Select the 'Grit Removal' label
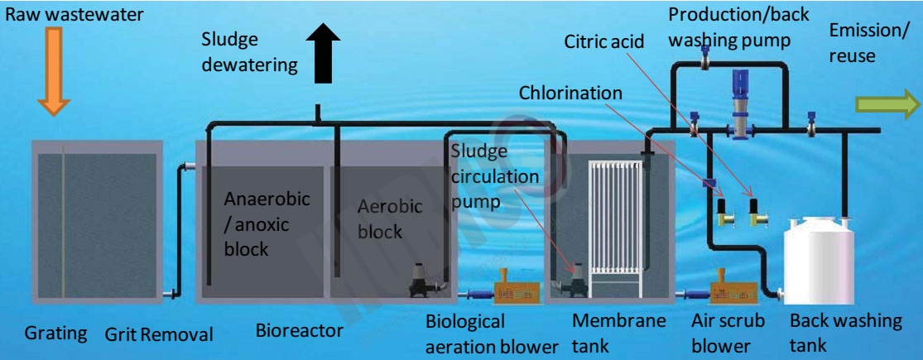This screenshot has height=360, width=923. tap(159, 334)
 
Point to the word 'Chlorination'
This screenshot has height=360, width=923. tap(570, 93)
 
